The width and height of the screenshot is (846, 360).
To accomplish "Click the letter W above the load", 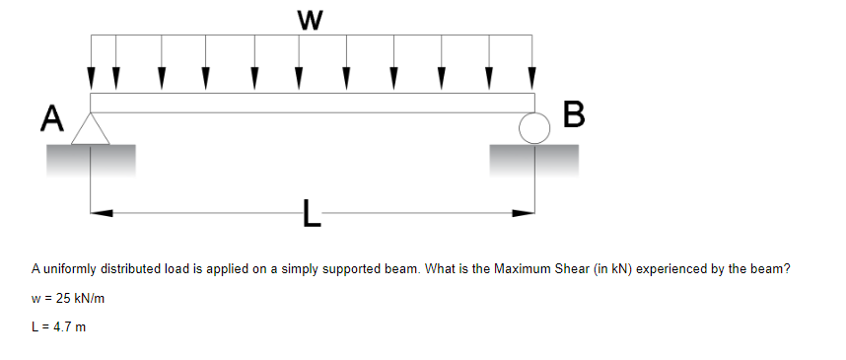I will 312,18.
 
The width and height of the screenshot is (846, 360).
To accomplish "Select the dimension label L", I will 312,213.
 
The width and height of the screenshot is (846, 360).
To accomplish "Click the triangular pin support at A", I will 91,129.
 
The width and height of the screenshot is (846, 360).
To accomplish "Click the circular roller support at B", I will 534,128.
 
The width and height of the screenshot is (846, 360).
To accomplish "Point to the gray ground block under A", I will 90,158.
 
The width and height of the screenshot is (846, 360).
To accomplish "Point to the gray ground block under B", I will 533,158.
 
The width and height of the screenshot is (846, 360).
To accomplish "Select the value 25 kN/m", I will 79,297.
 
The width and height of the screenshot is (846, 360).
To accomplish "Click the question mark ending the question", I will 790,268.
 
